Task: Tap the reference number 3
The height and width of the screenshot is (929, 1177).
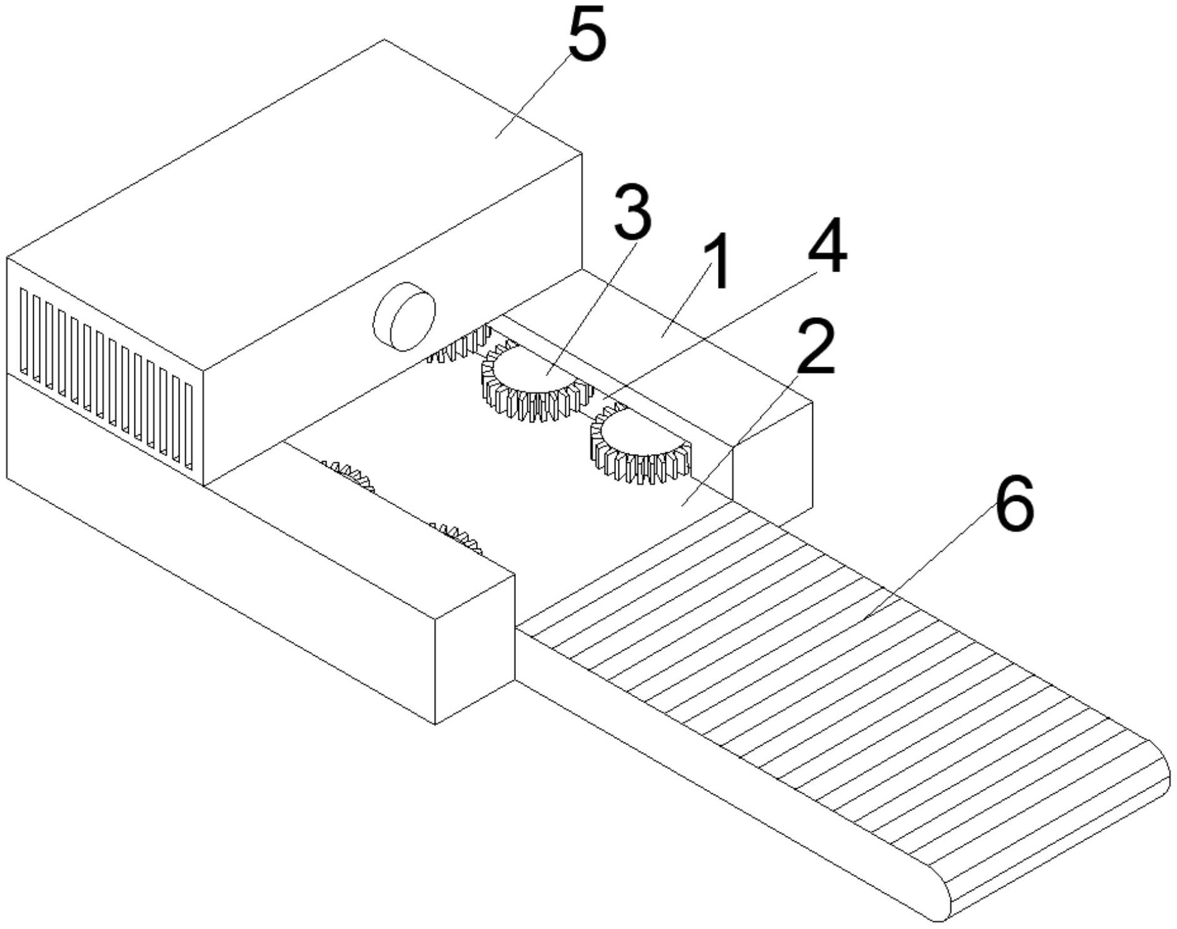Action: pos(632,213)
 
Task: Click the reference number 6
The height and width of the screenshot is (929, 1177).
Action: pos(1014,504)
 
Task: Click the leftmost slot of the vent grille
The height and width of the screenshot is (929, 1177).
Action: pos(24,332)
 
